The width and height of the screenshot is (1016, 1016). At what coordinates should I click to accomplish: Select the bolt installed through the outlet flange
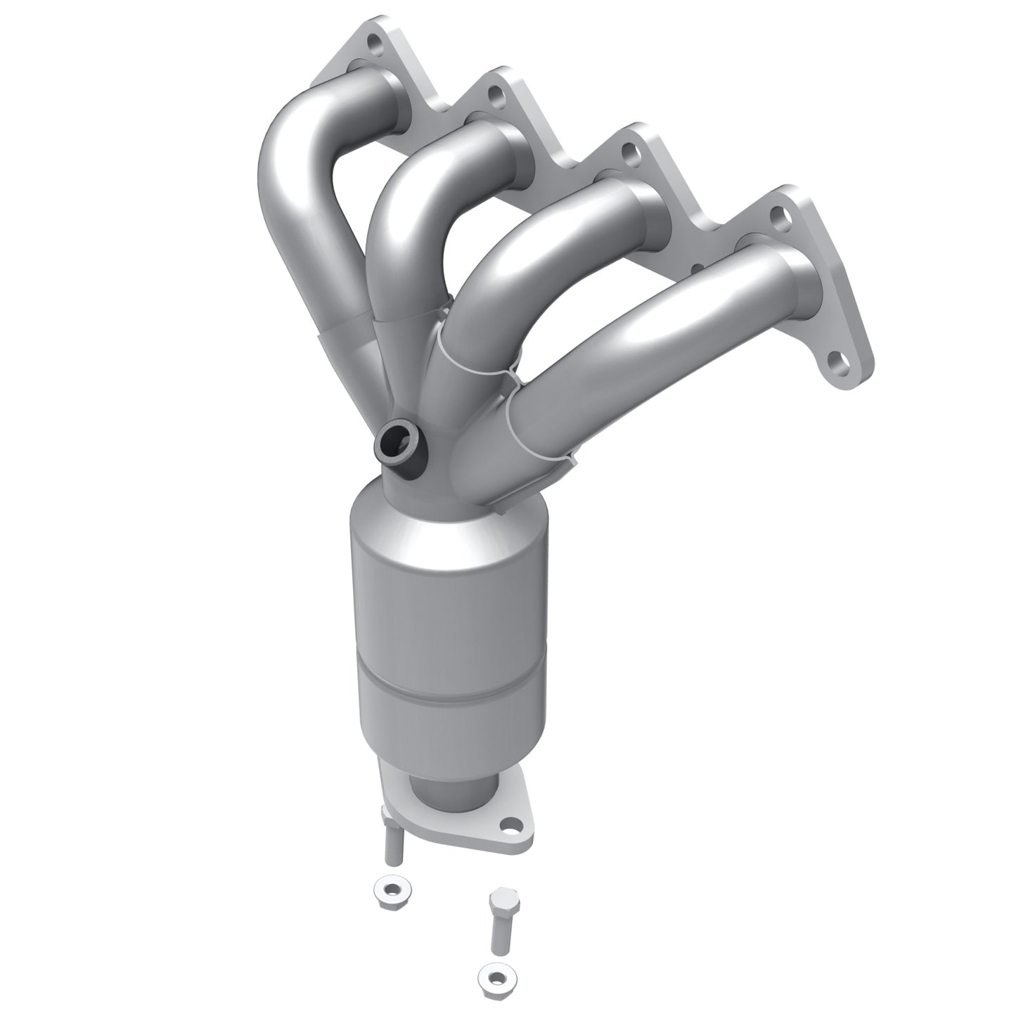(393, 840)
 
